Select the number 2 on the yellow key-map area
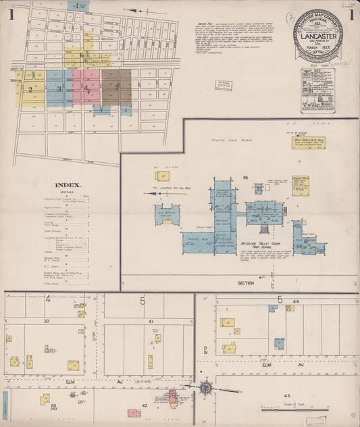point(30,89)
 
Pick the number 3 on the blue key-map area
point(59,89)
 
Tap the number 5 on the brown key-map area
point(117,87)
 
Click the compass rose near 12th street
point(206,388)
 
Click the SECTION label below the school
point(245,283)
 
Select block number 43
point(286,395)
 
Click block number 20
point(47,321)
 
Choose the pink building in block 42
point(134,413)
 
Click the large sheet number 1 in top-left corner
point(11,15)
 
